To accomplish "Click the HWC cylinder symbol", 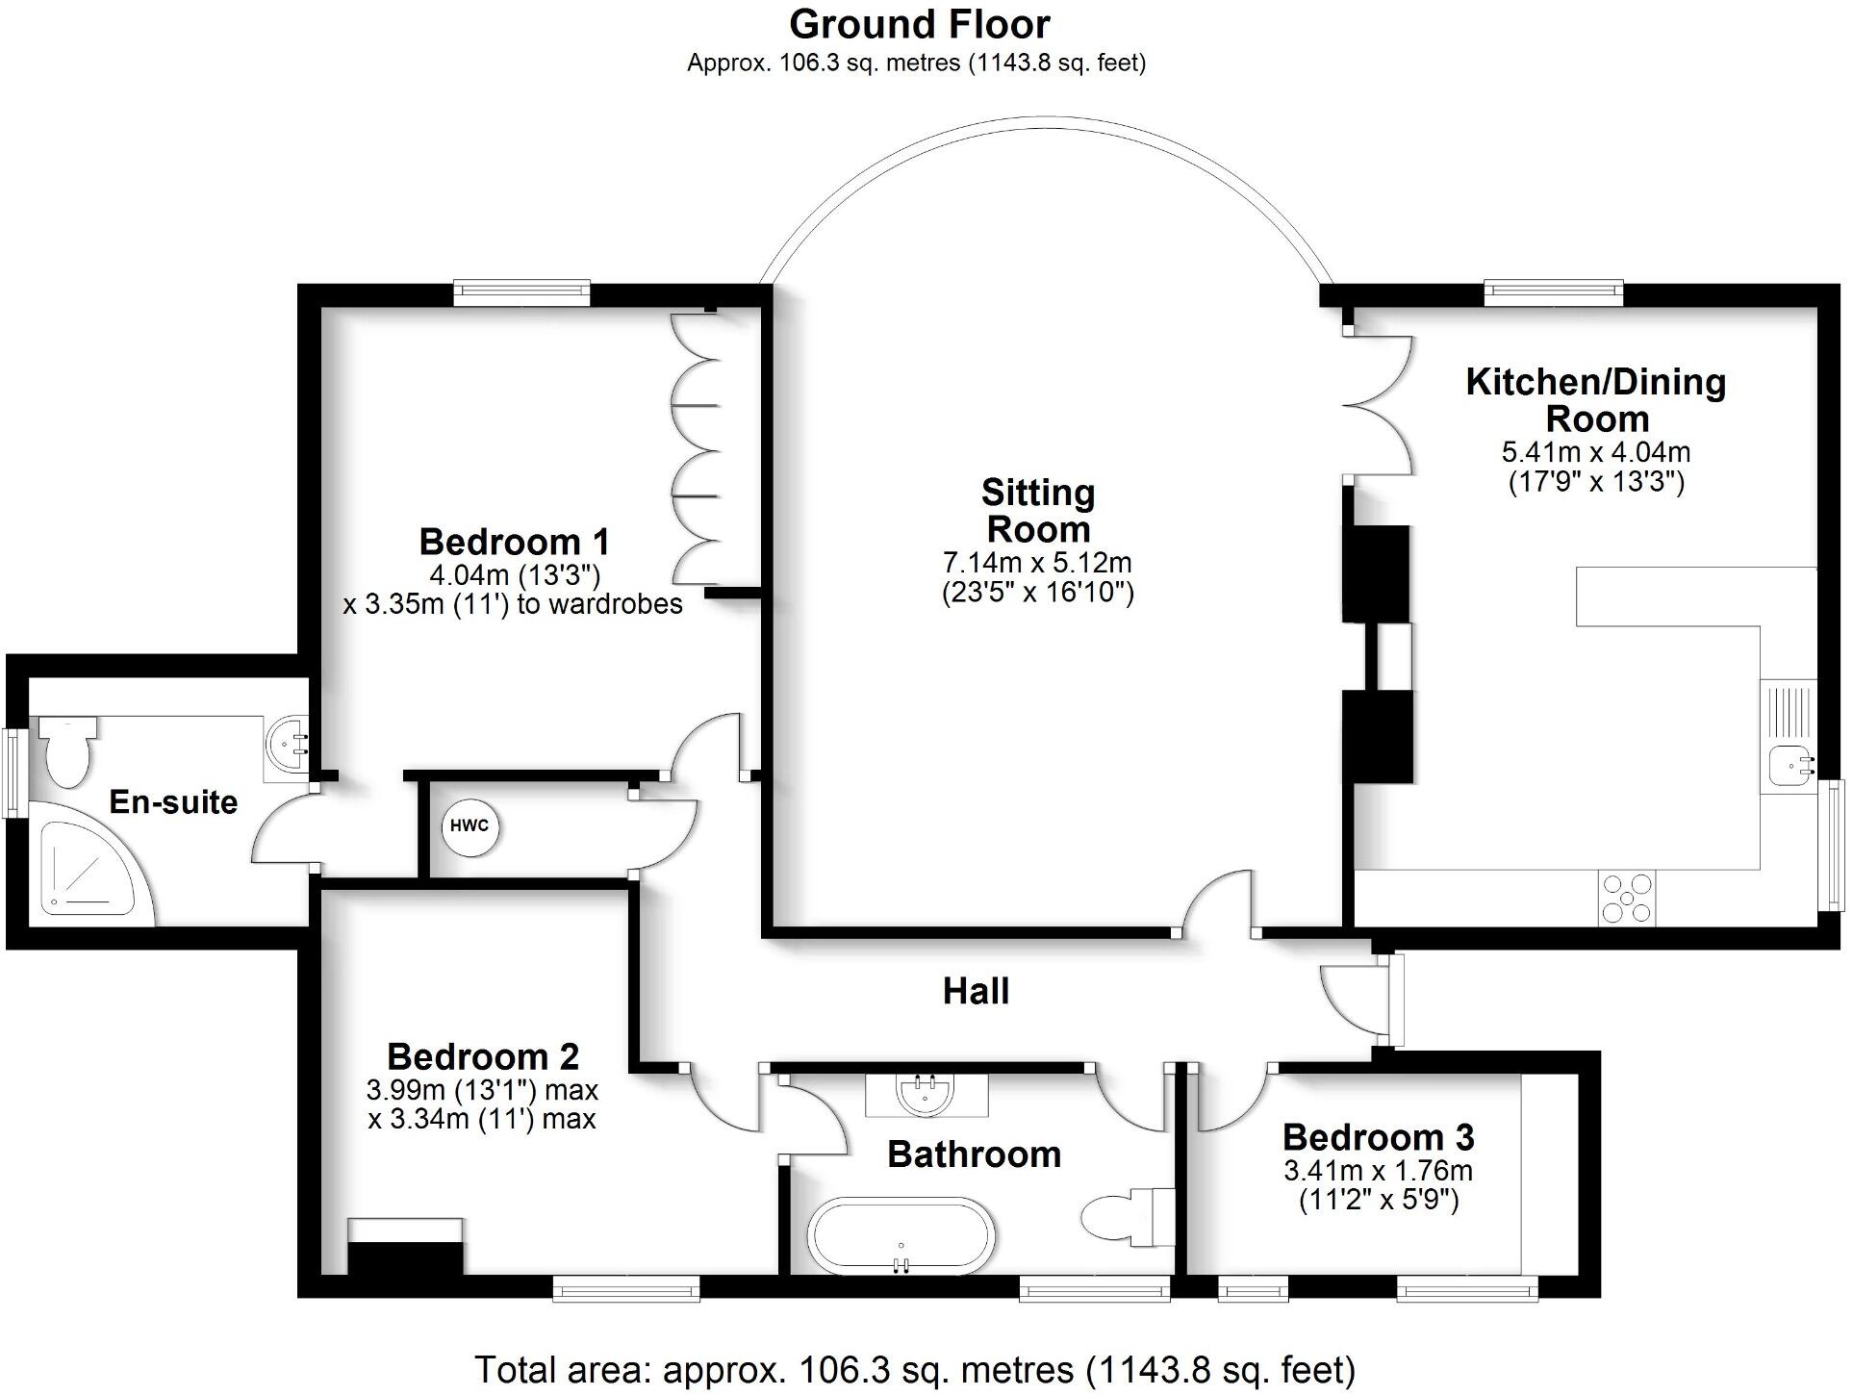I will pos(470,826).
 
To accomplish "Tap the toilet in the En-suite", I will pos(66,750).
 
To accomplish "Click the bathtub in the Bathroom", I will pos(901,1236).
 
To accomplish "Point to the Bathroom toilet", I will pos(1126,1217).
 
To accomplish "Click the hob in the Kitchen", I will pos(1627,898).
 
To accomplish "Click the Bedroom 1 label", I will pos(514,542).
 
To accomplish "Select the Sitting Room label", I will pos(1038,511).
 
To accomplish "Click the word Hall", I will pos(976,991).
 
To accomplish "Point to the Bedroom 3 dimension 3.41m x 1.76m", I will pos(1378,1171).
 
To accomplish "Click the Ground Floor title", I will pos(919,24).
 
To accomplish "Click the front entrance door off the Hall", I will pos(1394,998).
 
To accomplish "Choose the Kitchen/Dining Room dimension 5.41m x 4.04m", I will pos(1595,452).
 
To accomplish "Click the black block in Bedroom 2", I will pos(405,1257).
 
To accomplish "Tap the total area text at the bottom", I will pos(914,1369).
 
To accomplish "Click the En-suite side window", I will pos(15,774).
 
